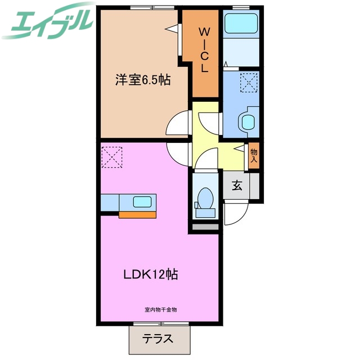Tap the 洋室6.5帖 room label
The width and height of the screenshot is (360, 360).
[x=143, y=79]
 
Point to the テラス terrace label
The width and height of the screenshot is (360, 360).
[x=157, y=339]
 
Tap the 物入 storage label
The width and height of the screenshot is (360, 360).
[x=254, y=155]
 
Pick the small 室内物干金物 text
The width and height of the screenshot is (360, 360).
[x=160, y=310]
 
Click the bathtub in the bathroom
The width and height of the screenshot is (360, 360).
[x=240, y=25]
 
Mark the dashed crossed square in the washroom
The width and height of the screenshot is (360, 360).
[x=247, y=82]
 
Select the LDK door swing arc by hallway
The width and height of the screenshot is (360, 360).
[x=179, y=152]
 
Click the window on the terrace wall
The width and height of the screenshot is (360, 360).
[x=160, y=323]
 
